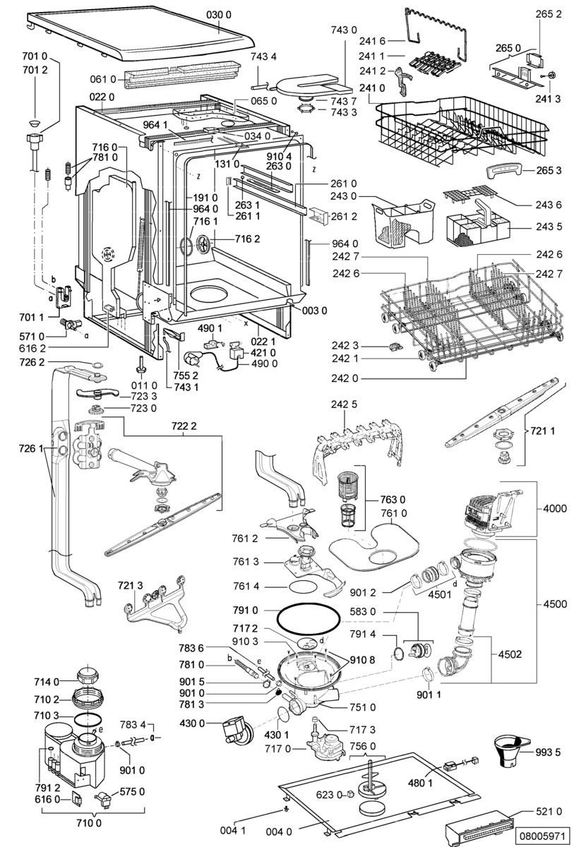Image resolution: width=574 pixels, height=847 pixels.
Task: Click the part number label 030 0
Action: (219, 15)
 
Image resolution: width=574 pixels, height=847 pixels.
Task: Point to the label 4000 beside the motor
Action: (554, 508)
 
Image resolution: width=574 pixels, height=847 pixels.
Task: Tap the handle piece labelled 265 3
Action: (504, 170)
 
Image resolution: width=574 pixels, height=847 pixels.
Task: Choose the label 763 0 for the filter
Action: (393, 500)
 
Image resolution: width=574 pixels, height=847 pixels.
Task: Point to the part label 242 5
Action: (344, 404)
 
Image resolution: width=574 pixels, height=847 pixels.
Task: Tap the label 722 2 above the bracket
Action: (184, 426)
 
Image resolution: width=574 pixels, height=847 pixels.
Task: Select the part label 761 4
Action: (246, 586)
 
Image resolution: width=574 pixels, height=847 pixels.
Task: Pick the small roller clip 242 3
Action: (394, 346)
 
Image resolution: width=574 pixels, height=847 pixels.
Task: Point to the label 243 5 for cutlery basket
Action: (549, 227)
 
